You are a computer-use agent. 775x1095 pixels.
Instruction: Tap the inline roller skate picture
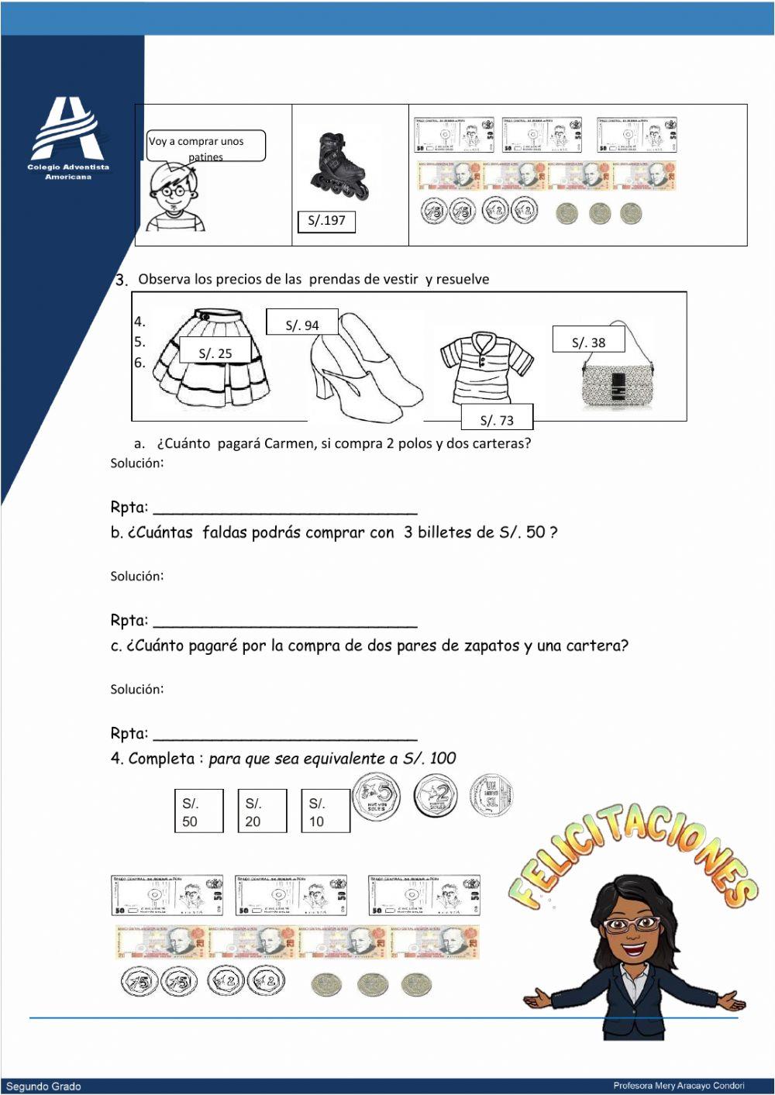click(336, 165)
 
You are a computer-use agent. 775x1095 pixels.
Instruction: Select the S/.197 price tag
click(326, 221)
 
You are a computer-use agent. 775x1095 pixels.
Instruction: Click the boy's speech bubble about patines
click(206, 146)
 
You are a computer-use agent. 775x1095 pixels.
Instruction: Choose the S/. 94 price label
click(301, 324)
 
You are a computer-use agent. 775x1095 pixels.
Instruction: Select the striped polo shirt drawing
click(487, 370)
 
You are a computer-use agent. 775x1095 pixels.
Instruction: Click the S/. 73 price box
click(497, 418)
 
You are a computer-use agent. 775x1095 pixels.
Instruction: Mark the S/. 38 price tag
click(588, 341)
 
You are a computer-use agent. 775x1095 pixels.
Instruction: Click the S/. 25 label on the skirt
click(215, 353)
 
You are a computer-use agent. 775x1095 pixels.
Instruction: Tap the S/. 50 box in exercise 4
click(198, 811)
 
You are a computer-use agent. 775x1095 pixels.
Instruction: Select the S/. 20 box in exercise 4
click(262, 811)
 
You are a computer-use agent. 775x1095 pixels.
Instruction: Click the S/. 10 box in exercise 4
click(325, 811)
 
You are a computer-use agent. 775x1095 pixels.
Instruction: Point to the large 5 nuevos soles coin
click(377, 797)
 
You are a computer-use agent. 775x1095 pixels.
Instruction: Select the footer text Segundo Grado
click(43, 1086)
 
